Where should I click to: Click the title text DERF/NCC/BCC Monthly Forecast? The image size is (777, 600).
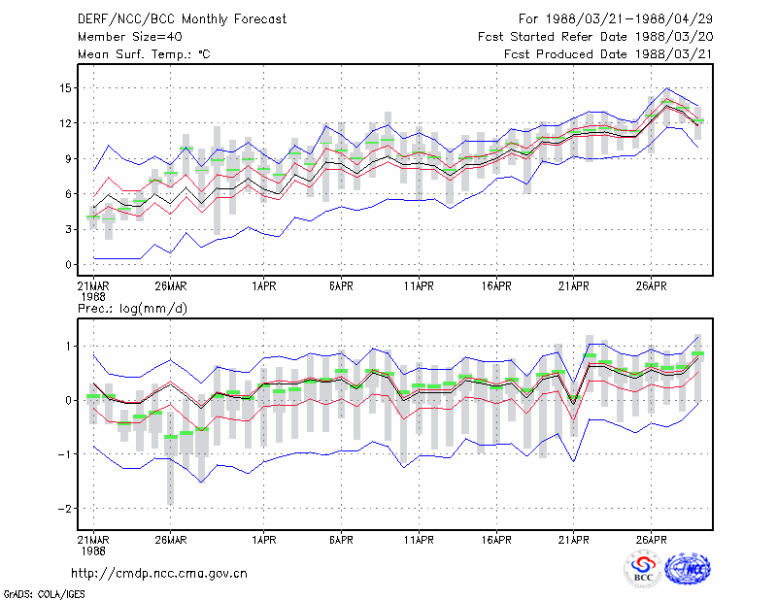[182, 19]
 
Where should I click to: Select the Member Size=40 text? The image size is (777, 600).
[130, 37]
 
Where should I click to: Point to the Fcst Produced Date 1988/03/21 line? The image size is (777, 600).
[608, 54]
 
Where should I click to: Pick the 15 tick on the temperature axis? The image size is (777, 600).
[66, 88]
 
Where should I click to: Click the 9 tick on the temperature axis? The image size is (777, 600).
[68, 159]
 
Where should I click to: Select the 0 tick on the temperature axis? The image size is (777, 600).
[68, 265]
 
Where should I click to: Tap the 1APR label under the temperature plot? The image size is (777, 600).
[263, 286]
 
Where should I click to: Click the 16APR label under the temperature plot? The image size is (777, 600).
[496, 286]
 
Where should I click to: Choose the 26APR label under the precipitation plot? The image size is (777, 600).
[651, 540]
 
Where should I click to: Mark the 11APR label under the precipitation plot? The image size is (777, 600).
[419, 540]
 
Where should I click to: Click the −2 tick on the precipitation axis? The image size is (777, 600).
[65, 509]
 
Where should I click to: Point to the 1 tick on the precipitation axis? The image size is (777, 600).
[68, 347]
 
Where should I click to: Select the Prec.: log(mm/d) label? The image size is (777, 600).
[132, 309]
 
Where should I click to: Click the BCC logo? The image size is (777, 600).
[643, 570]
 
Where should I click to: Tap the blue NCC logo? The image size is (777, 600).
[688, 569]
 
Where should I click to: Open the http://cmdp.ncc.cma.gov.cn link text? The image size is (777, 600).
[159, 574]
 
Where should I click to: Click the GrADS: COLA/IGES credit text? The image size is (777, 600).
[44, 594]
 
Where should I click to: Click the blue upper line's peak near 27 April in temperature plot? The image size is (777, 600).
[666, 88]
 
